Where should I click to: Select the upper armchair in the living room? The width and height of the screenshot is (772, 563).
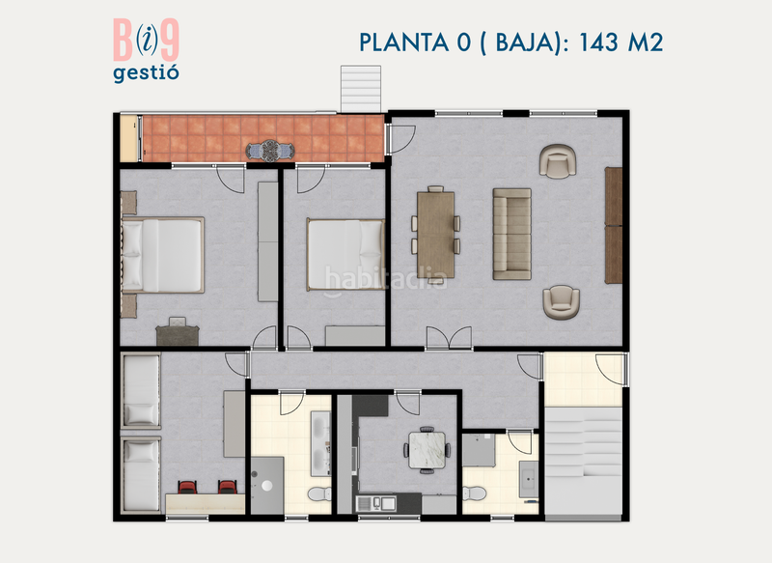click(x=559, y=161)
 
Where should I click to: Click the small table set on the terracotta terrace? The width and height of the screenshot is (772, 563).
click(x=268, y=151)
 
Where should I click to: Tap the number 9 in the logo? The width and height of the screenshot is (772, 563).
click(x=169, y=42)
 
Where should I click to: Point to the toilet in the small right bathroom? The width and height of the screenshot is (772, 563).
click(x=473, y=493)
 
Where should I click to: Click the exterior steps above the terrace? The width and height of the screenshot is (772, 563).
click(x=362, y=89)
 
